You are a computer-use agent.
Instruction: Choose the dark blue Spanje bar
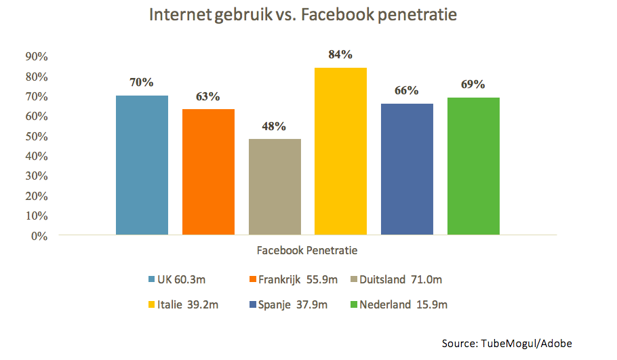click(407, 169)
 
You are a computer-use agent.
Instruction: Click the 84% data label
click(340, 55)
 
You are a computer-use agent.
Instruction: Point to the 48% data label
click(274, 126)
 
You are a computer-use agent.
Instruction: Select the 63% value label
click(208, 96)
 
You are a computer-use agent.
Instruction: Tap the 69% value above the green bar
click(473, 85)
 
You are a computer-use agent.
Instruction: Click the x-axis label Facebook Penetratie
click(307, 250)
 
